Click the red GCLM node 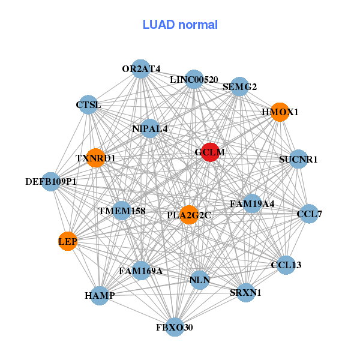[209, 152]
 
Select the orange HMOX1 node [280, 112]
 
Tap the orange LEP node [67, 241]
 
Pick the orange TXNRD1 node [95, 158]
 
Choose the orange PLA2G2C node [189, 215]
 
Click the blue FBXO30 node [175, 327]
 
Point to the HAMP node [100, 295]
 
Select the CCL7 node [309, 214]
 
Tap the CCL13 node [286, 265]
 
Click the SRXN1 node [245, 292]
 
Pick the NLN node [199, 280]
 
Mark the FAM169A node [142, 271]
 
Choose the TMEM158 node [122, 211]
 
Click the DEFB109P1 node [51, 181]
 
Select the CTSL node [89, 105]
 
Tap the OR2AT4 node [140, 69]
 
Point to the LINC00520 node [194, 79]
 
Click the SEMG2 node [239, 86]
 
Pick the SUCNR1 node [298, 159]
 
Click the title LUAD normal [180, 25]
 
